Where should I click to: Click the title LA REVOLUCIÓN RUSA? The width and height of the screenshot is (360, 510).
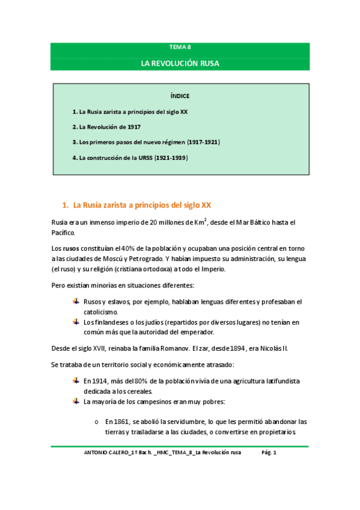coord(180,63)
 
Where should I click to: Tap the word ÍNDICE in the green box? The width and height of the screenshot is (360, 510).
coord(180,96)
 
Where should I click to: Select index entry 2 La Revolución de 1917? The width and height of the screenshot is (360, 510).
coord(107,127)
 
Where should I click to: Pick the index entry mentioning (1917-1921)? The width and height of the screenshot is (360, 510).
coord(146,143)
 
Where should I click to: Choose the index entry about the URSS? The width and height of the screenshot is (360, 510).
coord(130,158)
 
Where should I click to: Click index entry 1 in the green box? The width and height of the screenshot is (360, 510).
coord(130,111)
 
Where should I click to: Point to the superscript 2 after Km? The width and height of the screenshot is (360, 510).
coord(206,220)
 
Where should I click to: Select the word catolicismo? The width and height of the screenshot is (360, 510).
coord(101,312)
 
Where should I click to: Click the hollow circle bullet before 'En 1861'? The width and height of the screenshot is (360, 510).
coord(97,422)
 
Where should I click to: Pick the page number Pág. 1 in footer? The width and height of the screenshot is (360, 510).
coord(269,453)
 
